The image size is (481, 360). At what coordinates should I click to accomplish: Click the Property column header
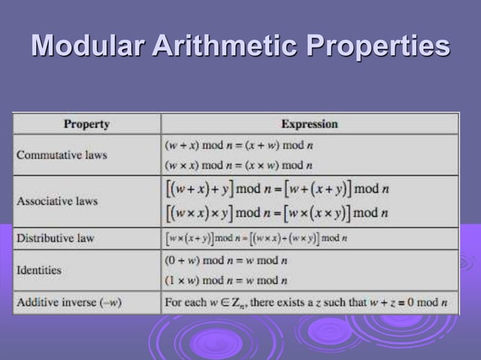(x=86, y=124)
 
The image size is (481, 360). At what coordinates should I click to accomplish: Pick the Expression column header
(x=309, y=124)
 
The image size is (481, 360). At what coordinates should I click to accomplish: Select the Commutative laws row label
(x=62, y=155)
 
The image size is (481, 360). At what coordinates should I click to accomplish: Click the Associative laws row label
(x=57, y=202)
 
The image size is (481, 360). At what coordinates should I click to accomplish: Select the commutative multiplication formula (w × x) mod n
(x=237, y=165)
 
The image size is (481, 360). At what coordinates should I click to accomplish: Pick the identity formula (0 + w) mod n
(x=226, y=261)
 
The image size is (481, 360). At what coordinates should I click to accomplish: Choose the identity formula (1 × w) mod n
(x=226, y=281)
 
